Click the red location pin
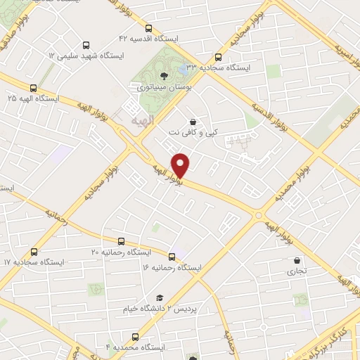pos(181,165)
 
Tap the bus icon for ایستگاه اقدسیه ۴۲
pos(148,28)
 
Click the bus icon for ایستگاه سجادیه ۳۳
pos(218,58)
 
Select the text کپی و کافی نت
pos(190,132)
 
